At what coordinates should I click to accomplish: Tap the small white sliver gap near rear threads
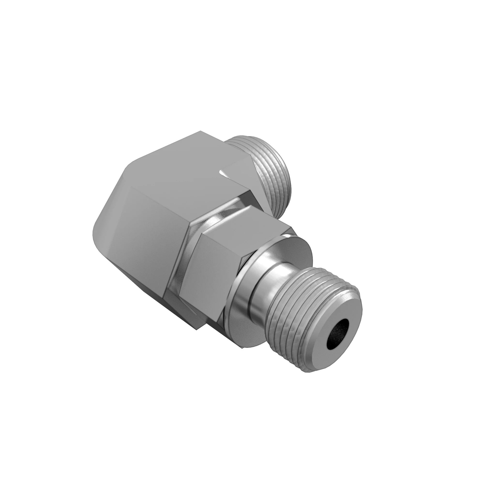click(222, 173)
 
